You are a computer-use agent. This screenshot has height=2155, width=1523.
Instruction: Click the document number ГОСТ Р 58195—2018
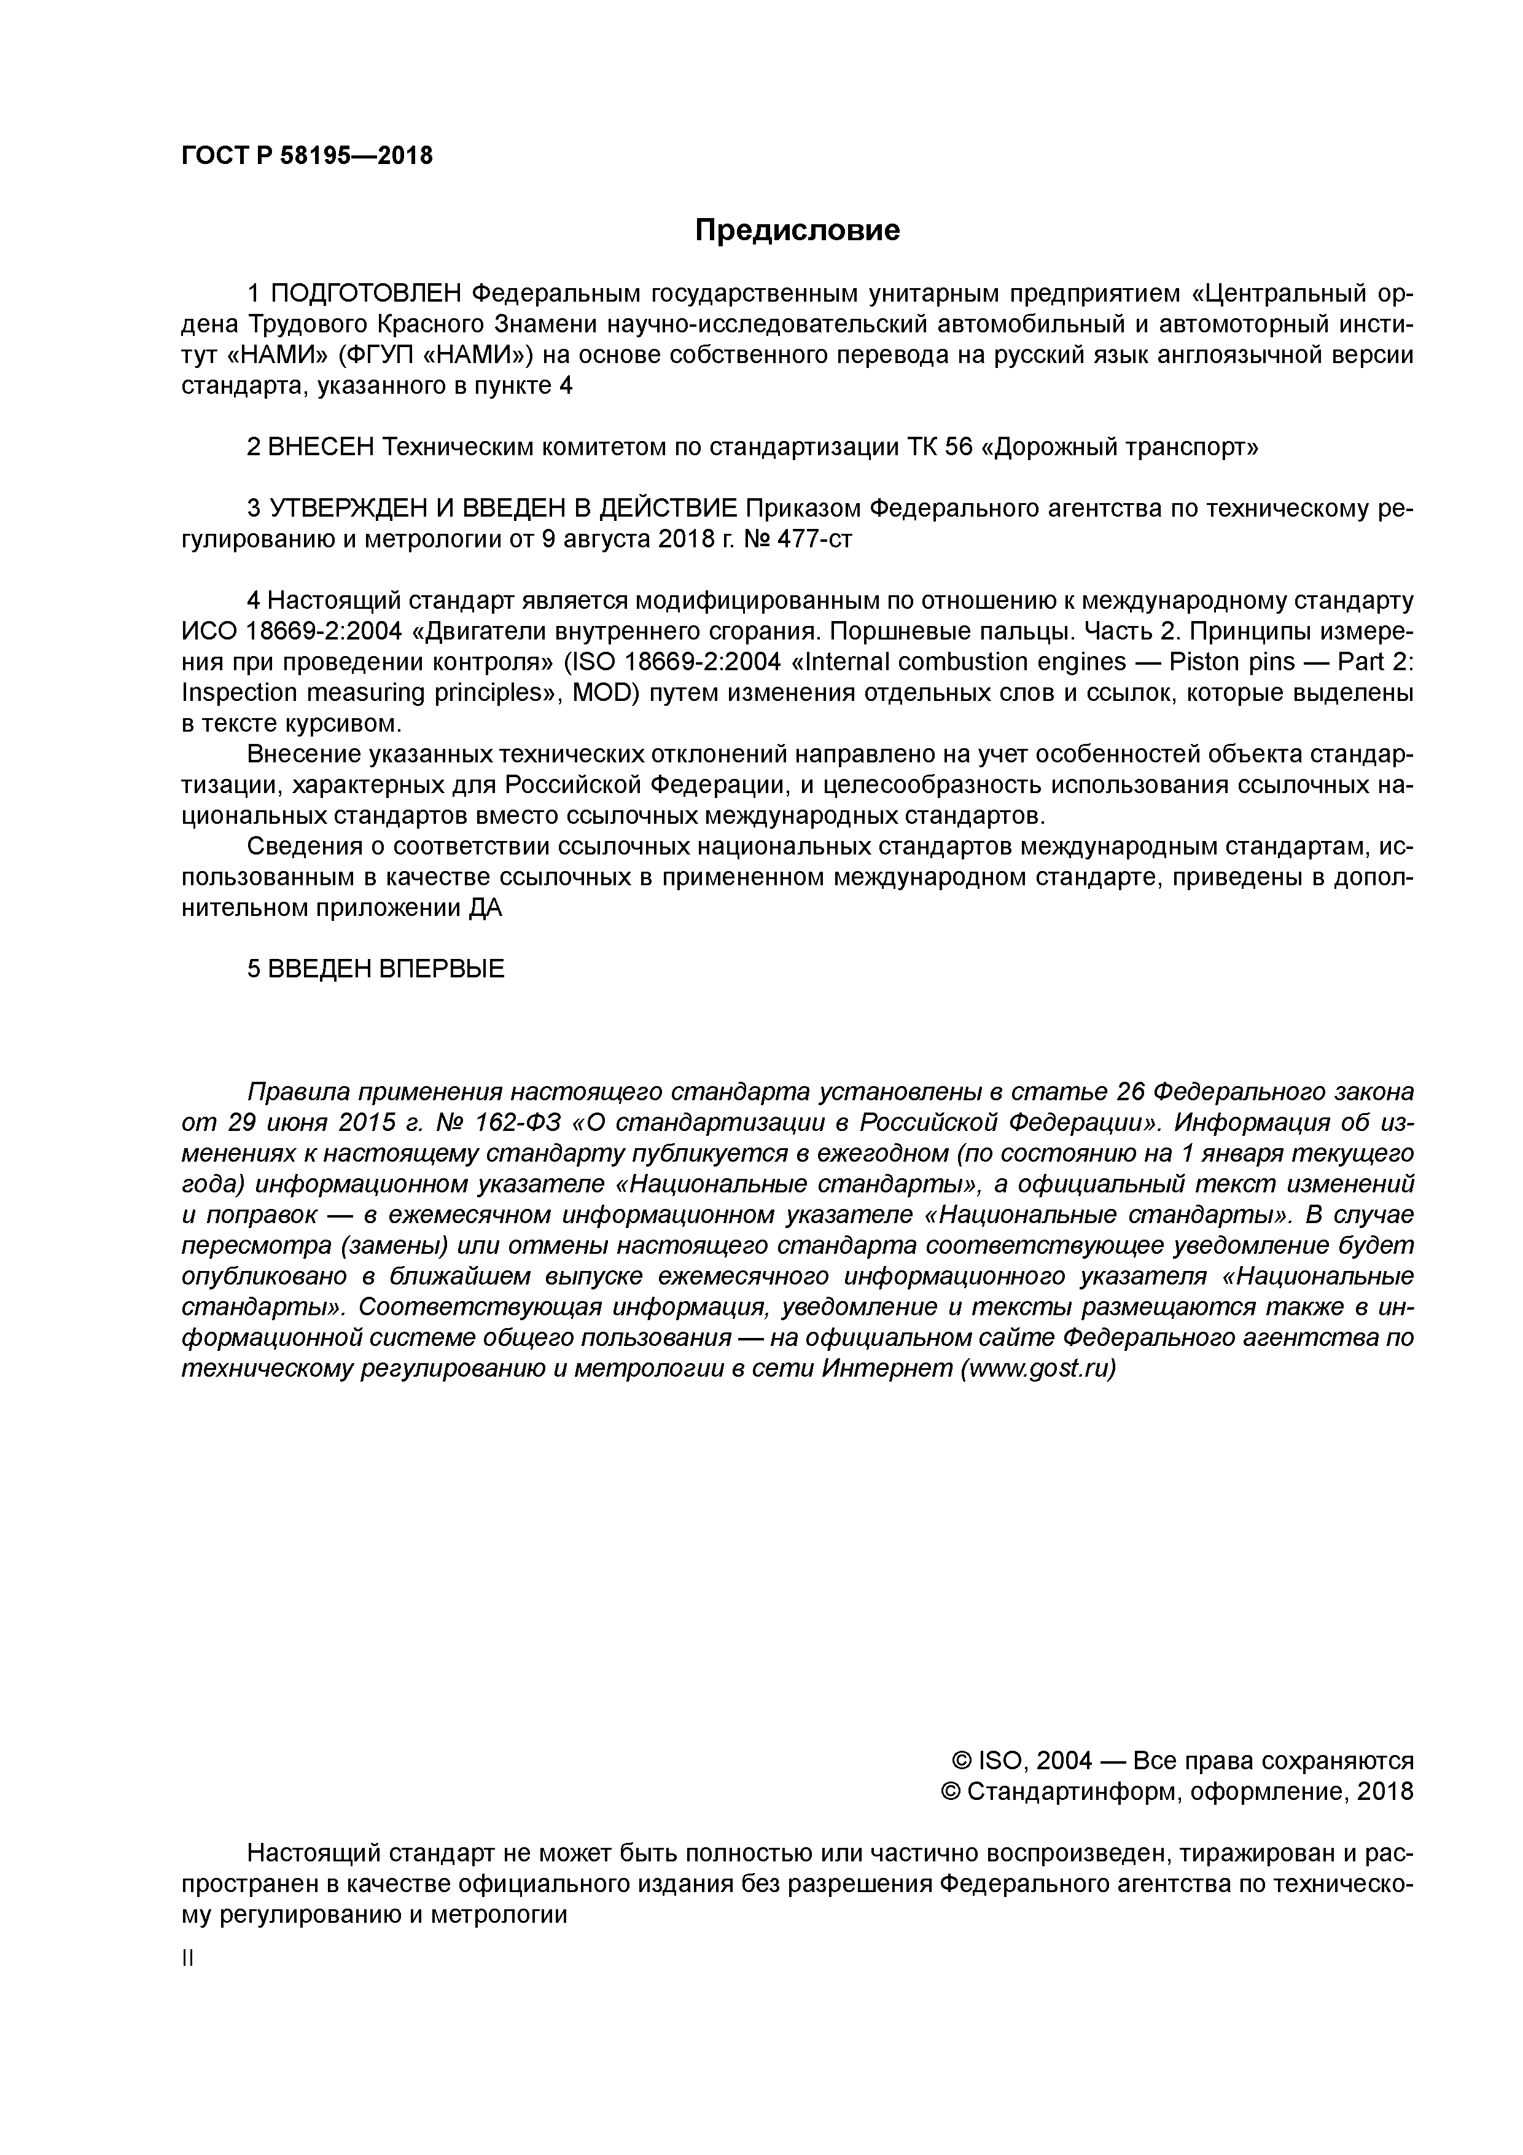pyautogui.click(x=307, y=156)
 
